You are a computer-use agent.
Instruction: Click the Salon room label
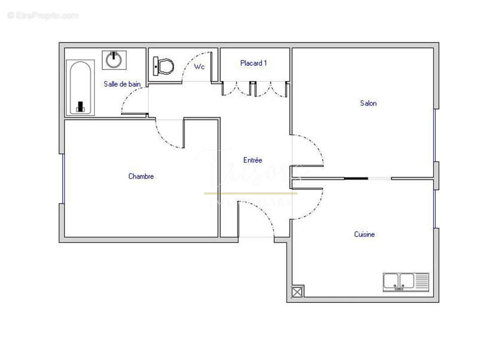pos(368,103)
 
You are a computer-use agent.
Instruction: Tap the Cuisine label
pos(364,234)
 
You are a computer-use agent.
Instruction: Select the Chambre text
pos(141,176)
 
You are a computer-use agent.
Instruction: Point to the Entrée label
pos(253,160)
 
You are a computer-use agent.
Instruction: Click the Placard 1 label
pos(253,63)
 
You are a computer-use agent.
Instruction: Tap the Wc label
pos(199,67)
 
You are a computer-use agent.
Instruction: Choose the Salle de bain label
pos(122,84)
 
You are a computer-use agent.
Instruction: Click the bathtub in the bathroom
pos(81,88)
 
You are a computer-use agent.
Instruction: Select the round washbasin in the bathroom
pos(114,60)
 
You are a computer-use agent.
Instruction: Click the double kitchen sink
pos(399,282)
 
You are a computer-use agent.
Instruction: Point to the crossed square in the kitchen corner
pos(297,292)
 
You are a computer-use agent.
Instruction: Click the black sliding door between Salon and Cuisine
pos(356,179)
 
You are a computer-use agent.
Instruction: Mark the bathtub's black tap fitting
pos(81,107)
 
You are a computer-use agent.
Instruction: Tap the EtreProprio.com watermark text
pos(43,16)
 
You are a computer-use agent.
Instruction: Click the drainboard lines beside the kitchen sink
pos(422,282)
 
